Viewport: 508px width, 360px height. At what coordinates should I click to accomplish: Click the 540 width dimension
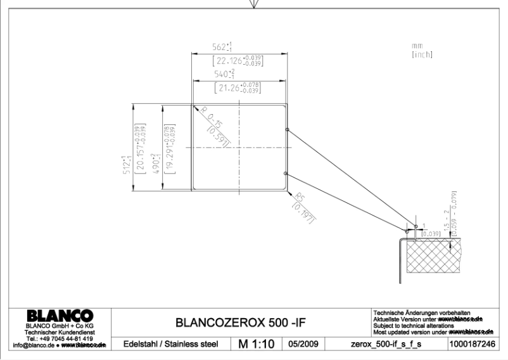coord(222,75)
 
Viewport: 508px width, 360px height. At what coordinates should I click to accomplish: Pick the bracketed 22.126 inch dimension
coord(239,61)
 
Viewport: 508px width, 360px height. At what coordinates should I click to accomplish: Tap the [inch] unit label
coord(421,55)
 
